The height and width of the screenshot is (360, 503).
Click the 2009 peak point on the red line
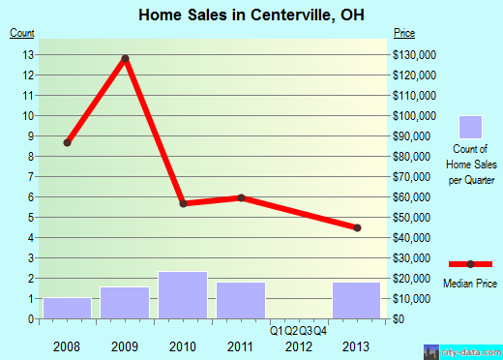click(125, 58)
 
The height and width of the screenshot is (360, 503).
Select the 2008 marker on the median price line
click(67, 142)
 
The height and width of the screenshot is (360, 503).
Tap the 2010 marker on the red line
click(183, 203)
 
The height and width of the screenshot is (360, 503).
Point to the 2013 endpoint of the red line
click(357, 227)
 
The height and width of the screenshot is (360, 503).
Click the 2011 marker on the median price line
click(241, 197)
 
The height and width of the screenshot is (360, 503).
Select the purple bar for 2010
click(183, 295)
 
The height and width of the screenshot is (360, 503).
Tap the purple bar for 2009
click(125, 302)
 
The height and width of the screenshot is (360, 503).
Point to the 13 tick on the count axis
click(30, 54)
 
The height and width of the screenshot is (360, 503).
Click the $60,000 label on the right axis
click(413, 196)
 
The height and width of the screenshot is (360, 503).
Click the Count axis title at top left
click(21, 34)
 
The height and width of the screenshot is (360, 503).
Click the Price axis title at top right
click(405, 34)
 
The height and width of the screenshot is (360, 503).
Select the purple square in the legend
click(470, 127)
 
